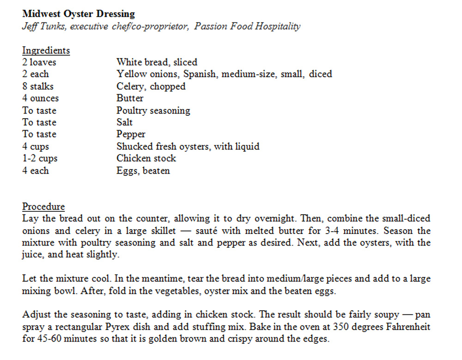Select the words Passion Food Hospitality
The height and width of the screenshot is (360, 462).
247,26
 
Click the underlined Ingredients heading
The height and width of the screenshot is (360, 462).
46,50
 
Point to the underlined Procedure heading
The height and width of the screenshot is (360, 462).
43,206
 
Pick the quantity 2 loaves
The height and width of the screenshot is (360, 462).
40,62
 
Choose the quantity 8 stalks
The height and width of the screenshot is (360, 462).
38,86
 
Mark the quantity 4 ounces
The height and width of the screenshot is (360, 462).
40,98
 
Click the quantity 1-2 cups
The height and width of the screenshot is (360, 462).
40,158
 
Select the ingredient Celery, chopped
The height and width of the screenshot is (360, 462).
151,86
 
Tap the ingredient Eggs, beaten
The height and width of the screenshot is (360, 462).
143,170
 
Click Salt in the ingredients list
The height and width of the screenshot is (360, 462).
124,122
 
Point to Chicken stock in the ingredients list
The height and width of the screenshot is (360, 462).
146,158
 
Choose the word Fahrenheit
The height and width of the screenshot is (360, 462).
405,327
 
